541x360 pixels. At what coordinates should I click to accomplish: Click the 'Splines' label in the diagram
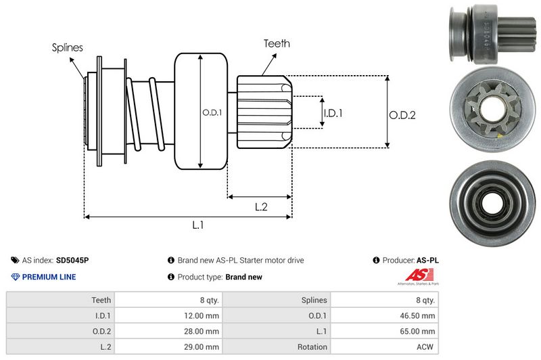(68, 47)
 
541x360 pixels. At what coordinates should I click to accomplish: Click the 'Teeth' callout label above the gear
(277, 43)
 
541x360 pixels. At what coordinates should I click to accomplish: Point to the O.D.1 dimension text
(212, 112)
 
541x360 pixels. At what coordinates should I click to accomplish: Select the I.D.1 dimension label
(333, 113)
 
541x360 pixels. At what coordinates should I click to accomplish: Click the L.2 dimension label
(262, 208)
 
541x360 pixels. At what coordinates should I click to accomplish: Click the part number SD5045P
(72, 260)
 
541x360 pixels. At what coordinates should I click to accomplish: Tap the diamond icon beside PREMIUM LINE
(16, 277)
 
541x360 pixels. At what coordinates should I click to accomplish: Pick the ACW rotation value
(425, 346)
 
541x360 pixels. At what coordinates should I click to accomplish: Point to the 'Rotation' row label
(311, 346)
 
